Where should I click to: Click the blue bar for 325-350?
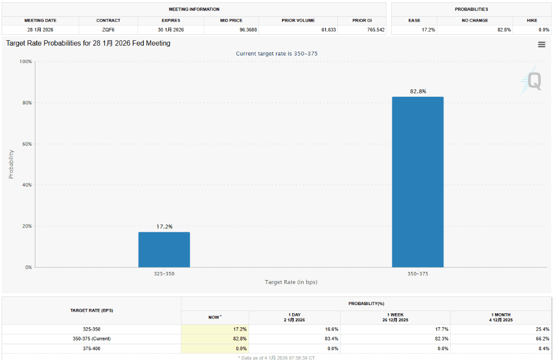pyautogui.click(x=164, y=250)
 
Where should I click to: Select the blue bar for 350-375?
pyautogui.click(x=417, y=182)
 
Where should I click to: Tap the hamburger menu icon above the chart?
pyautogui.click(x=541, y=45)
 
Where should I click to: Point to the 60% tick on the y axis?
pyautogui.click(x=26, y=144)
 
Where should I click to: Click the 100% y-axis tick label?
pyautogui.click(x=25, y=61)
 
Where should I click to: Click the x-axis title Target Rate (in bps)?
pyautogui.click(x=291, y=282)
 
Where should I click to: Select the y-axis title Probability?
pyautogui.click(x=11, y=164)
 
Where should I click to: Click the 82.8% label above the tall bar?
pyautogui.click(x=418, y=91)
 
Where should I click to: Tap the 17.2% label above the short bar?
pyautogui.click(x=164, y=226)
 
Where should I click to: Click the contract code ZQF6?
pyautogui.click(x=108, y=29)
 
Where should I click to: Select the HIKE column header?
pyautogui.click(x=532, y=20)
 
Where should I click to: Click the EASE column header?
pyautogui.click(x=414, y=20)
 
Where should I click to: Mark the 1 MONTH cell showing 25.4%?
pyautogui.click(x=542, y=329)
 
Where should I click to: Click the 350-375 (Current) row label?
pyautogui.click(x=91, y=339)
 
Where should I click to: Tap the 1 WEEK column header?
pyautogui.click(x=395, y=318)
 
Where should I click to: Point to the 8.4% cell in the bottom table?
pyautogui.click(x=543, y=348)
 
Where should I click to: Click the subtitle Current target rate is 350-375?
pyautogui.click(x=276, y=53)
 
